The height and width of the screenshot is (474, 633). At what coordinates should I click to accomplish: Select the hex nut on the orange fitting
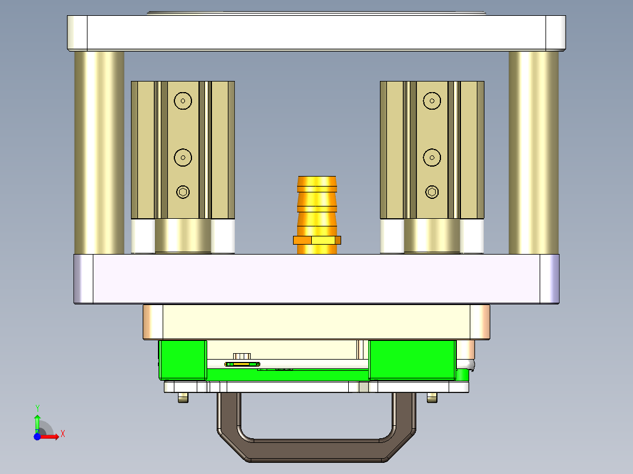pos(317,239)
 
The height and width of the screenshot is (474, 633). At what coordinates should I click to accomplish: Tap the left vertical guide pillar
pos(99,153)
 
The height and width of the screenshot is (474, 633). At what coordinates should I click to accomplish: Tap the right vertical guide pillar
pos(533,153)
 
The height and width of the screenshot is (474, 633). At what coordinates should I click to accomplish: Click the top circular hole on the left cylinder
pos(183,101)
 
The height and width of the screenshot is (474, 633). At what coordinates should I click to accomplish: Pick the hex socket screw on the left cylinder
pos(183,192)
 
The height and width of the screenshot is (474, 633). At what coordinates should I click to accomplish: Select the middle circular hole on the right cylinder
pos(432,157)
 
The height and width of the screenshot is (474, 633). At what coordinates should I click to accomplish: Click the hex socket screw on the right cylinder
pos(432,192)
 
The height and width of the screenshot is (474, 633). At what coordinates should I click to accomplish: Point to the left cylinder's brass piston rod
pos(183,236)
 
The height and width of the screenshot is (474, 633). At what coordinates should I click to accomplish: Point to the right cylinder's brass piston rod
pos(432,236)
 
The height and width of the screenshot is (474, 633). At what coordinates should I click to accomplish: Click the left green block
pos(182,359)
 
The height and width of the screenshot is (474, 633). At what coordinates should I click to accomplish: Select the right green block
pos(412,359)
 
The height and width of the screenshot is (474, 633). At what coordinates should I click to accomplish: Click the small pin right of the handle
pos(432,398)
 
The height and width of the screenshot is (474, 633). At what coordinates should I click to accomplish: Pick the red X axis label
pos(62,434)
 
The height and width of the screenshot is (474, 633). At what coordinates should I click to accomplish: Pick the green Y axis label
pos(37,408)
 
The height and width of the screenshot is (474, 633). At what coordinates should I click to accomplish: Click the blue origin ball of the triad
pos(37,436)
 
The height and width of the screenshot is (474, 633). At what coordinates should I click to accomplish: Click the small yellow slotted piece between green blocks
pos(243,364)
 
